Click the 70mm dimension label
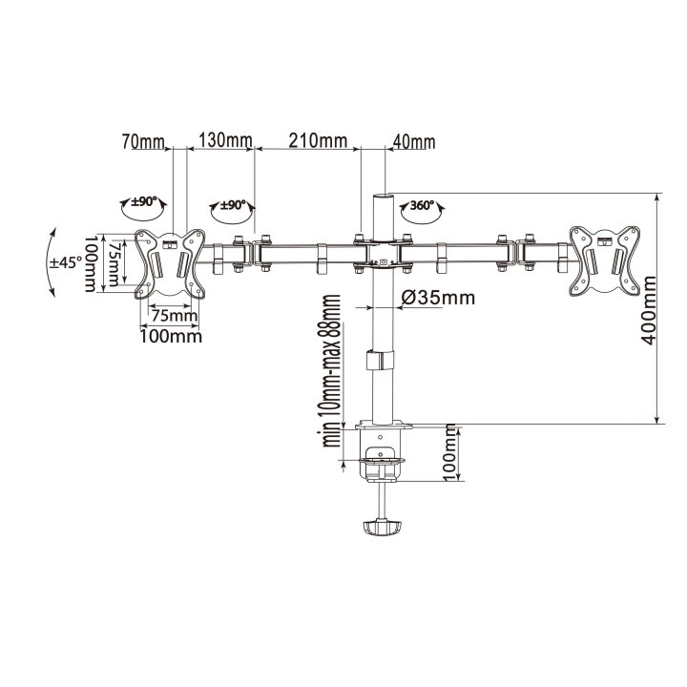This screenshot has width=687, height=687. click(142, 142)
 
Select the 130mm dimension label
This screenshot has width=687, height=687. click(224, 142)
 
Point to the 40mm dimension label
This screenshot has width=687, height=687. click(413, 143)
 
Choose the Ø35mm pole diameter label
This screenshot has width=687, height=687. click(438, 298)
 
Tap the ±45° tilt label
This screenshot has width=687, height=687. click(66, 263)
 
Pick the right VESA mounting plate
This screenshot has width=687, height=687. click(602, 258)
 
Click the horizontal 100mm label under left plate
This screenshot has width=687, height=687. click(173, 335)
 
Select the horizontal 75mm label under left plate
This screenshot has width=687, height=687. click(174, 316)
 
